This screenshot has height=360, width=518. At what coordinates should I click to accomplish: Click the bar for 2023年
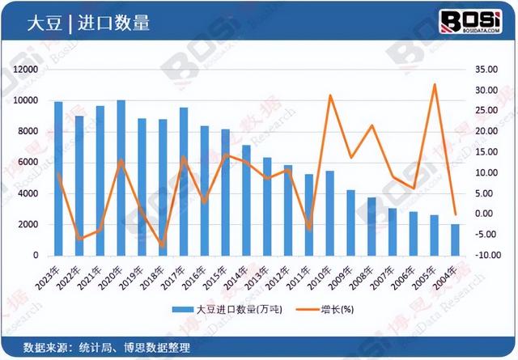point(58,178)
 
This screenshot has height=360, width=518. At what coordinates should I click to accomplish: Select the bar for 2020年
point(121,177)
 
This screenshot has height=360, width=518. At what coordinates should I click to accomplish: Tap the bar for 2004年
point(456,239)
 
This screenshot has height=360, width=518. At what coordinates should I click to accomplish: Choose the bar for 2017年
point(184,181)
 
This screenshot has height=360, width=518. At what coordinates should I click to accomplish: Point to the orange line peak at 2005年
point(435,84)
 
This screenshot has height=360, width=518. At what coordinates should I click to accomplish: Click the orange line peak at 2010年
point(330,95)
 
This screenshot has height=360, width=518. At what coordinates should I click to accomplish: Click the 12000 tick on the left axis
point(26,70)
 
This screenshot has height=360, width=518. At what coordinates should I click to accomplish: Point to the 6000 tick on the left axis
point(29,163)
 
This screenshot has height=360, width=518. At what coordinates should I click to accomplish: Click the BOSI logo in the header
point(473,21)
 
